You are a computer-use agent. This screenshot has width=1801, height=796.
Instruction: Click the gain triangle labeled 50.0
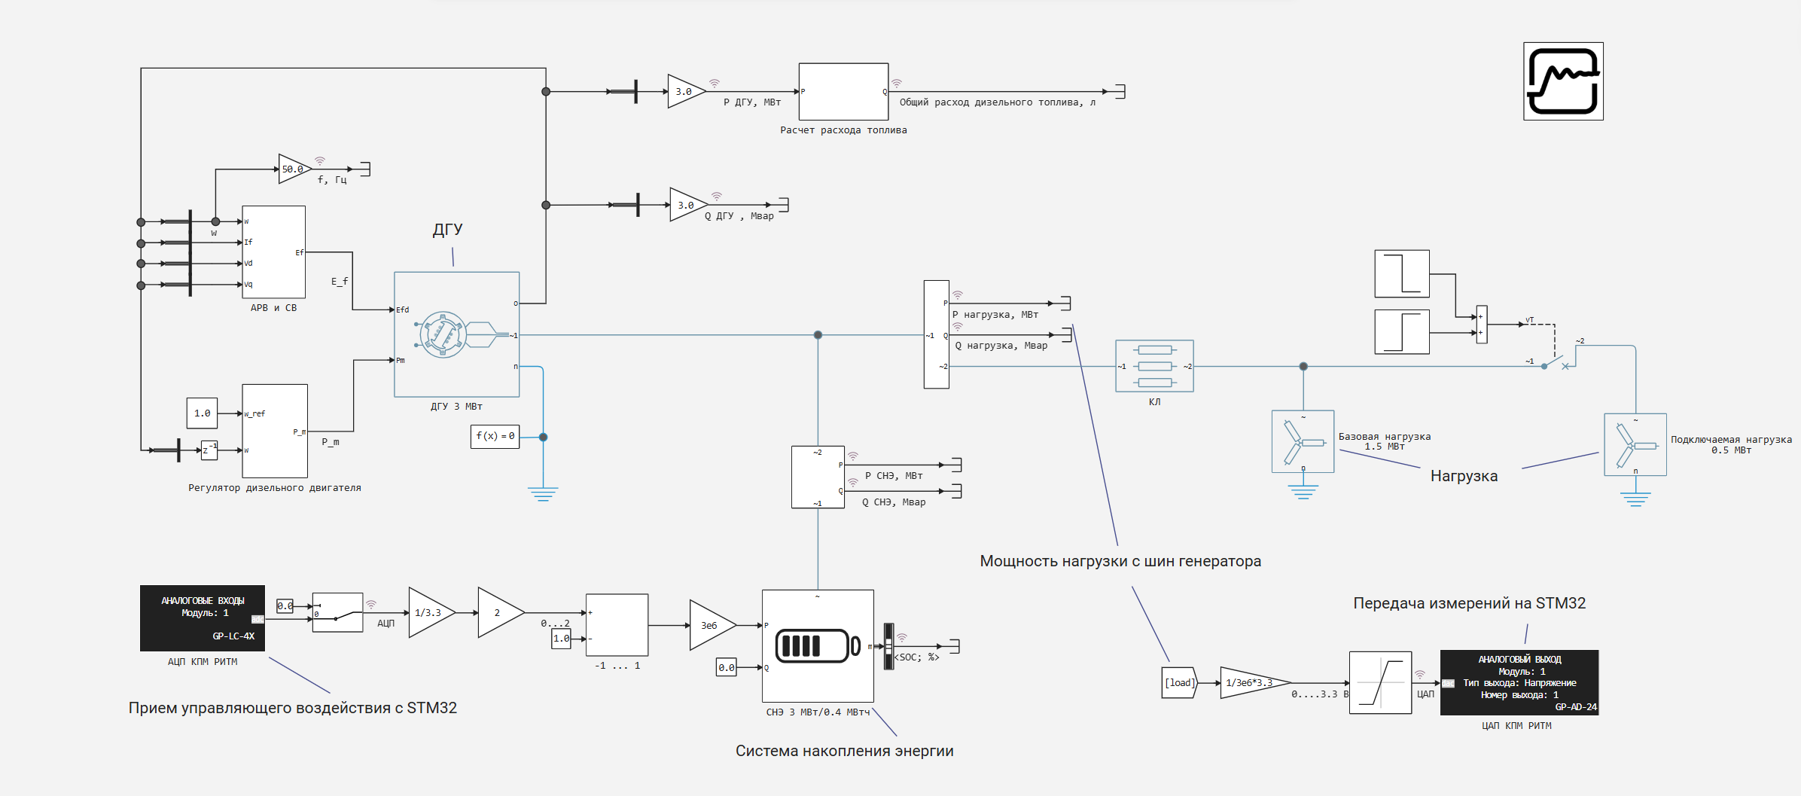293,169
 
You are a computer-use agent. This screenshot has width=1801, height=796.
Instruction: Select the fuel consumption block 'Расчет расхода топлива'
843,92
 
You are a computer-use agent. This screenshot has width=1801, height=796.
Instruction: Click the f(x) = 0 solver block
495,437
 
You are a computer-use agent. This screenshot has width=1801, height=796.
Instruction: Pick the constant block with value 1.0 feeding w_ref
202,413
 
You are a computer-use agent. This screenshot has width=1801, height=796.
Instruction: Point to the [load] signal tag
1179,683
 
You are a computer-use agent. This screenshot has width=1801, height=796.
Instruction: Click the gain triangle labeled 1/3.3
429,613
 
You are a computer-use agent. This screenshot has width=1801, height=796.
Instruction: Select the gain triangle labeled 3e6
710,625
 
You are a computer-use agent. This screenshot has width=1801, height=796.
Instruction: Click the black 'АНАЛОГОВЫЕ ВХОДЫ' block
202,618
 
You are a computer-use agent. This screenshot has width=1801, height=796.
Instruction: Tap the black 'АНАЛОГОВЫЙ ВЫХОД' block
1519,682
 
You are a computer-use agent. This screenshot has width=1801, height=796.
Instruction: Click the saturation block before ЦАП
1380,682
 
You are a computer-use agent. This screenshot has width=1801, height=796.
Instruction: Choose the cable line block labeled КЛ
1154,367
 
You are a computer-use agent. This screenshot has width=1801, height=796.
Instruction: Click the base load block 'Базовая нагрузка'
1303,442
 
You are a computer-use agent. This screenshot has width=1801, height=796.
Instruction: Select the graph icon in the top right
1563,81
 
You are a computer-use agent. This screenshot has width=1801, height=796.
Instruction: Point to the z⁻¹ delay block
209,450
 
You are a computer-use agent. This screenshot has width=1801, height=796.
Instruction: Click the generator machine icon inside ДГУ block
443,334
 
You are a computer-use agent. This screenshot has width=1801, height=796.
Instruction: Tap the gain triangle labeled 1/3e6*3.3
1250,683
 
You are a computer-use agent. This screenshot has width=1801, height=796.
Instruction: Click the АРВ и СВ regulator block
273,252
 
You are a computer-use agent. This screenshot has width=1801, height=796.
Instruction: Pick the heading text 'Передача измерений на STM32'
1469,603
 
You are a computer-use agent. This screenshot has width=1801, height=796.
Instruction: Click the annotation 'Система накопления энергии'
844,751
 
